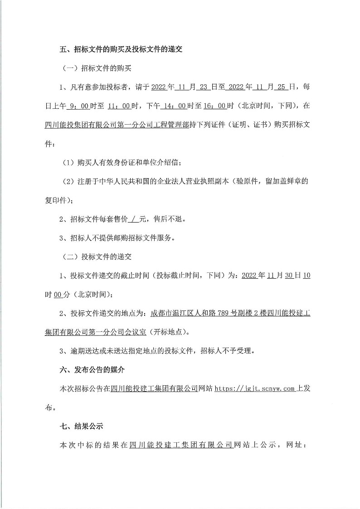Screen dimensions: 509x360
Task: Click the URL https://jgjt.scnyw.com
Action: pyautogui.click(x=254, y=389)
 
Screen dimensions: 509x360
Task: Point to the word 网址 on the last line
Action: pyautogui.click(x=297, y=446)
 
